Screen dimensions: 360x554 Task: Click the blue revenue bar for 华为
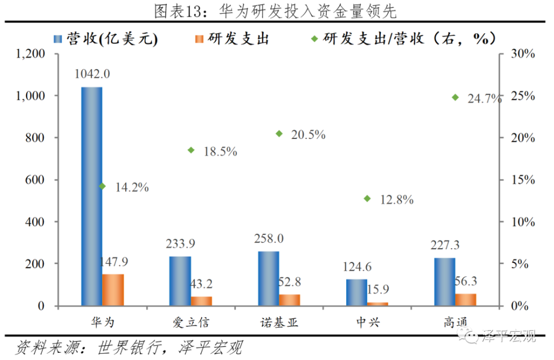tap(91, 196)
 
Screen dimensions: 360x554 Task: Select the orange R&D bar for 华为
tap(114, 290)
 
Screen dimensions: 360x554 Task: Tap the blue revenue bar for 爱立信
tap(180, 281)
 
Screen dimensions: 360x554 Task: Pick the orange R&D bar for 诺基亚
tap(289, 300)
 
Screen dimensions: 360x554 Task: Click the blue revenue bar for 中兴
tap(357, 292)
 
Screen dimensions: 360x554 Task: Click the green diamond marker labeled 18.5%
tap(191, 150)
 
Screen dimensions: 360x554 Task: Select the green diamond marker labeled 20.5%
tap(279, 133)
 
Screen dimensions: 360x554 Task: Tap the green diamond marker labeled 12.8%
tap(367, 198)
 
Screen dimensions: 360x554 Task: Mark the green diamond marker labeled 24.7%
tap(455, 97)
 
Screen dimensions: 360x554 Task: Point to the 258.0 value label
tap(269, 239)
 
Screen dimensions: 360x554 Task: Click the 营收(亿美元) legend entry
tap(105, 38)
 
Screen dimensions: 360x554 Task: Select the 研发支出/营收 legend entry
tap(403, 38)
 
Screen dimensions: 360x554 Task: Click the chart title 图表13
tap(277, 11)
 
